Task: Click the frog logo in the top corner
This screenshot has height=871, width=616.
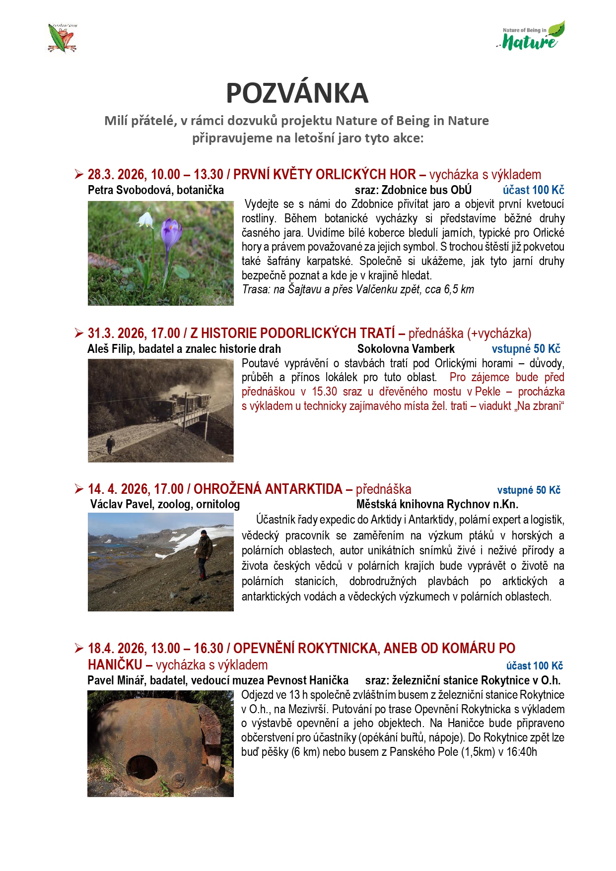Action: point(62,38)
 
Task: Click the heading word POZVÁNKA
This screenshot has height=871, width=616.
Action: point(297,93)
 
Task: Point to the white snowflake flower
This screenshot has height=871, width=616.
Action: point(145,219)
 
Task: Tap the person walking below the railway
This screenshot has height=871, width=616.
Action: point(110,444)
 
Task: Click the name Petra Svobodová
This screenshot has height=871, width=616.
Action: point(131,190)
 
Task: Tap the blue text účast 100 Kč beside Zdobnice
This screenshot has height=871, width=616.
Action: point(533,190)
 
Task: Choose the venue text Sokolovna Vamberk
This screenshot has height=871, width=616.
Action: point(406,349)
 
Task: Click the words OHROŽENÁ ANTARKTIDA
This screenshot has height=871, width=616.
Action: point(268,489)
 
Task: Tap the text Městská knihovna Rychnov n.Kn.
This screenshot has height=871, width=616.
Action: point(437,504)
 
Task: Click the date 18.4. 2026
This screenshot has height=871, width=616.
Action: point(116,648)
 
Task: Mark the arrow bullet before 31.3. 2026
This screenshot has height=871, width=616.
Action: point(79,333)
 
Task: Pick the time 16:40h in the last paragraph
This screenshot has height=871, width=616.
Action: point(522,752)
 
